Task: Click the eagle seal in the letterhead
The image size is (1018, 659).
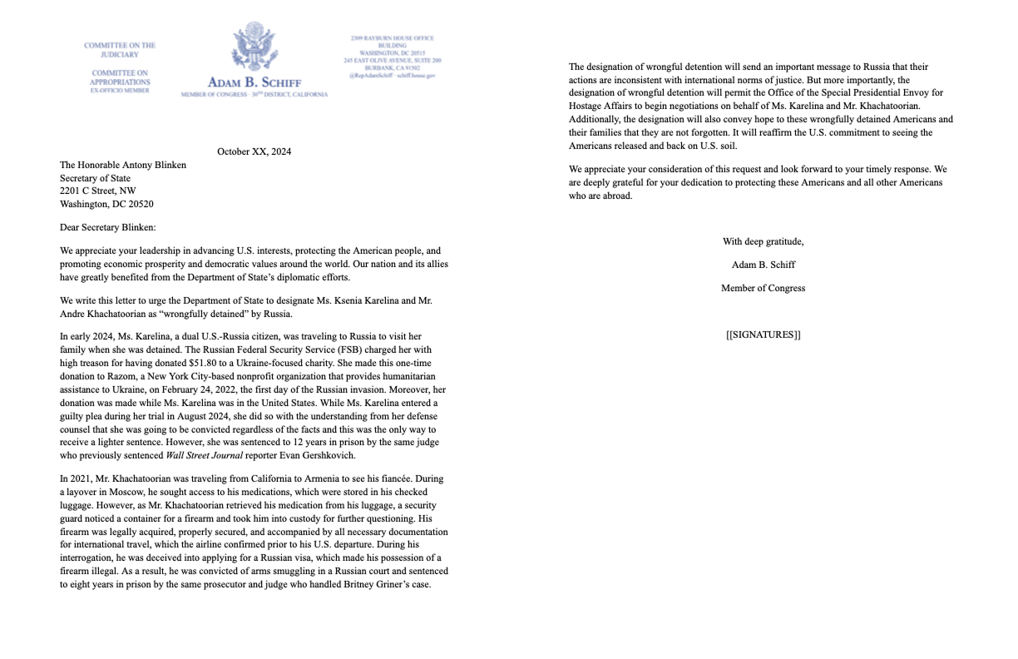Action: click(254, 47)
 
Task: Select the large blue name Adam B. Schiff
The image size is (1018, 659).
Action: click(254, 82)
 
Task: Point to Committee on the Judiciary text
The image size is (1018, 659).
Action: click(120, 50)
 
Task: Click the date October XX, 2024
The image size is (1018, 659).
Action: click(254, 151)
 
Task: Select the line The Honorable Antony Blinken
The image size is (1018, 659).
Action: click(123, 165)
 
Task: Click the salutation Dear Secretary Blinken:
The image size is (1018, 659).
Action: click(107, 227)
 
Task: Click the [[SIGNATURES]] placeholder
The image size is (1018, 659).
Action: click(763, 335)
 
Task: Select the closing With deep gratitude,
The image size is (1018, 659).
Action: click(763, 242)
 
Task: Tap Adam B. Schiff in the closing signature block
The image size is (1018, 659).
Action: click(763, 265)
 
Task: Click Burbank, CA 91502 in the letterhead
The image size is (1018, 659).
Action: click(392, 68)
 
